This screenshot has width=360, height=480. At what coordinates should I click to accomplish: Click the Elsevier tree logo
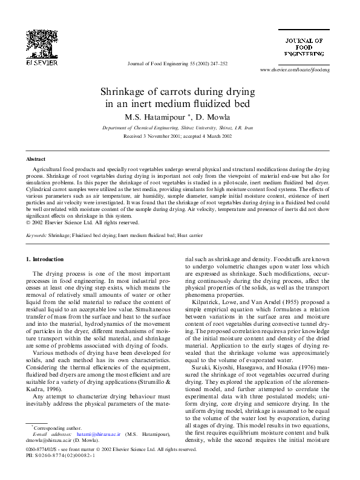42,44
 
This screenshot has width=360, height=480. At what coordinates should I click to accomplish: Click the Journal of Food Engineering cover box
304,47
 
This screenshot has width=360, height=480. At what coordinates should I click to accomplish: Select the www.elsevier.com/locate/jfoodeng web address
294,71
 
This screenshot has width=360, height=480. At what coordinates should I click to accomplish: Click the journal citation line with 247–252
178,63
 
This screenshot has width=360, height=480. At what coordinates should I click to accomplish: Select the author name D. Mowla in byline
214,117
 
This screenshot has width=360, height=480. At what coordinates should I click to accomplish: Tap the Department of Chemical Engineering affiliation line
178,129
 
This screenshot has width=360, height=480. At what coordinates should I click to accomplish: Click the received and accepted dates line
178,137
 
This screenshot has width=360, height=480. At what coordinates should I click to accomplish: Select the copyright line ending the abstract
82,223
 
